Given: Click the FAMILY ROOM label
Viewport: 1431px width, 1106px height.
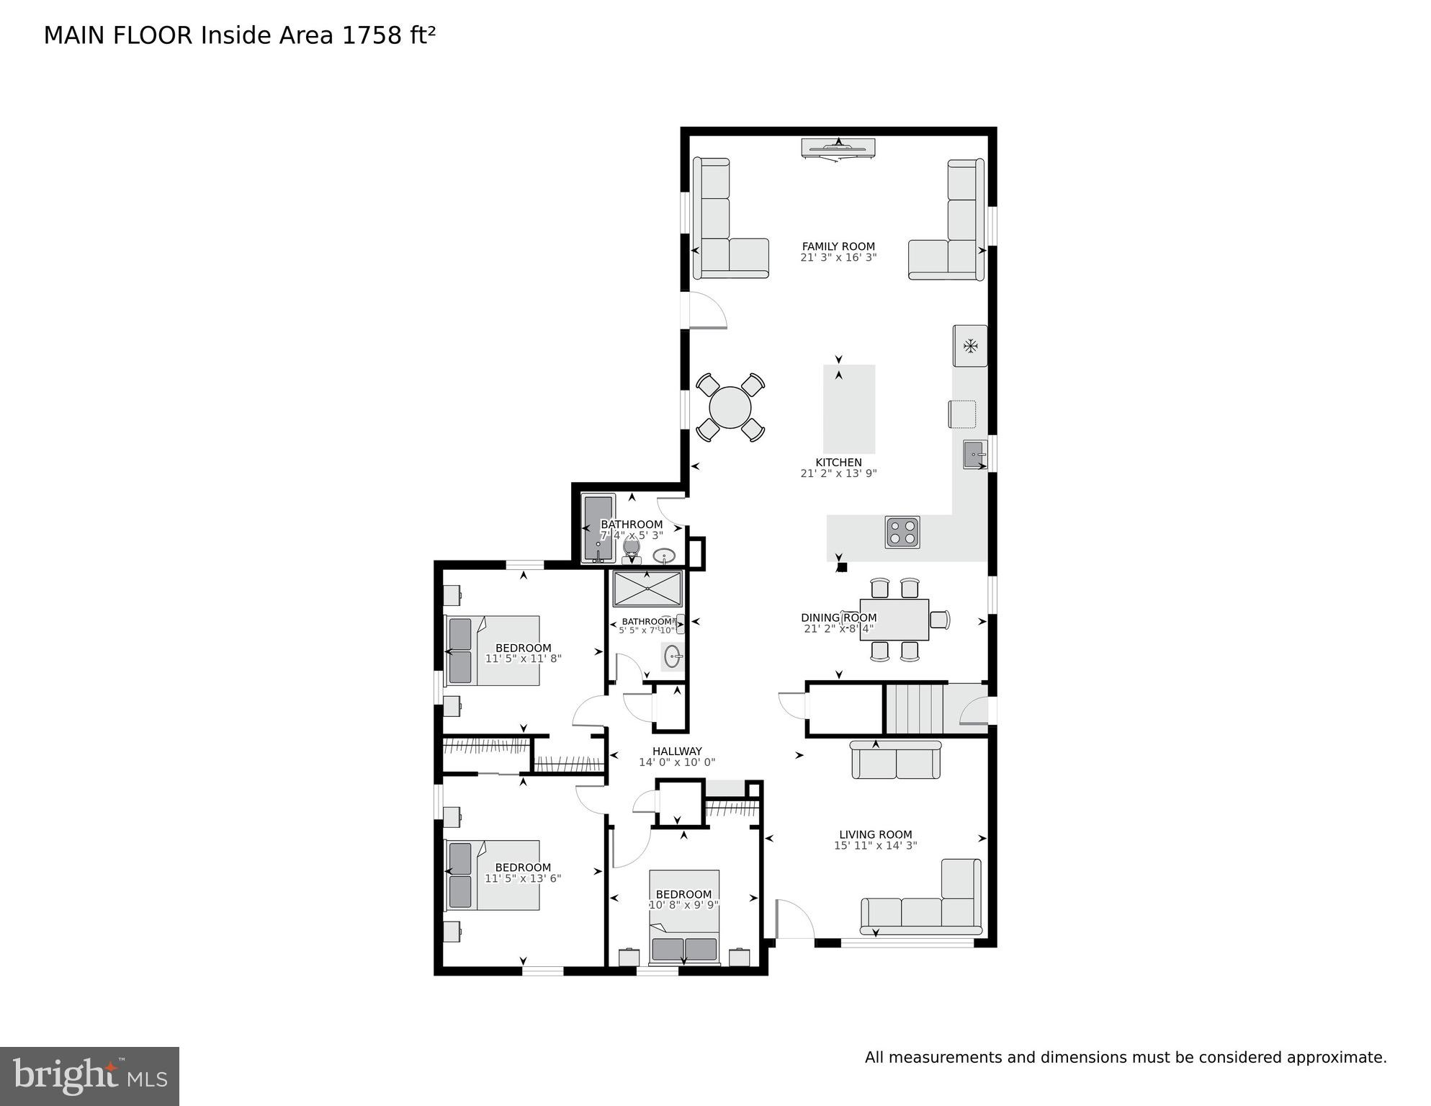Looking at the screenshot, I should click(x=838, y=246).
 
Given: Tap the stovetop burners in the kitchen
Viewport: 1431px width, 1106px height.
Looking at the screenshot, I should click(x=902, y=532).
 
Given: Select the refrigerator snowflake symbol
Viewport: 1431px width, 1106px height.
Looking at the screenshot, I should click(x=970, y=346).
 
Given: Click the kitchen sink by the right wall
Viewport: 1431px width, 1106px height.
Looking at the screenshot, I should click(x=974, y=455).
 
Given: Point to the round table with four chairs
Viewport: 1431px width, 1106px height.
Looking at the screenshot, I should click(x=730, y=408).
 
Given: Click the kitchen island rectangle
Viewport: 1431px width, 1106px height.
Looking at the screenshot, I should click(x=849, y=409).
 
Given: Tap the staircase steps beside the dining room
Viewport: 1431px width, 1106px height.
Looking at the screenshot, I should click(x=914, y=709).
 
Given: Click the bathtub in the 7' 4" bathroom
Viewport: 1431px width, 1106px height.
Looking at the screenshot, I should click(x=598, y=528).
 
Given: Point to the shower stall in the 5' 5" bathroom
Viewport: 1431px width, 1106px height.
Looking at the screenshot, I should click(x=647, y=589).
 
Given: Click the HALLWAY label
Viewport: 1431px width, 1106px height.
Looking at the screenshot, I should click(x=677, y=751).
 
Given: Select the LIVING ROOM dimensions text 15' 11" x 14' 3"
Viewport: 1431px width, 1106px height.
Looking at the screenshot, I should click(x=875, y=846).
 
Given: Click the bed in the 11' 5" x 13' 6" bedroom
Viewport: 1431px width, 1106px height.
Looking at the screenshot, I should click(x=493, y=875).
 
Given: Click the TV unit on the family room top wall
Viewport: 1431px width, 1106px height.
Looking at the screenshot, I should click(x=838, y=148).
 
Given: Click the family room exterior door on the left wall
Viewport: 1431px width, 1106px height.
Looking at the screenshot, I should click(x=707, y=311).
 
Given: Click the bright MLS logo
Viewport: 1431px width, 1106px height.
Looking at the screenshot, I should click(x=89, y=1076).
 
